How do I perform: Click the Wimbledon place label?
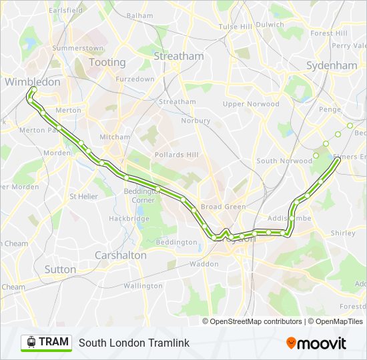click(32, 82)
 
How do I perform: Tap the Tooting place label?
click(107, 62)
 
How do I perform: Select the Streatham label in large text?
click(178, 57)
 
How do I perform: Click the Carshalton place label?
click(120, 255)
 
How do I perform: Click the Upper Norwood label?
click(251, 104)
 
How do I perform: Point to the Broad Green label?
click(223, 207)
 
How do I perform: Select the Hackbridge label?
click(129, 219)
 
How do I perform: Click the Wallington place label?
click(143, 286)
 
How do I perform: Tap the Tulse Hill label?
click(235, 27)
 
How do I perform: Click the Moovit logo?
click(316, 343)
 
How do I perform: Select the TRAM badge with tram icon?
click(46, 342)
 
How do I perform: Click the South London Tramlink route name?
click(134, 343)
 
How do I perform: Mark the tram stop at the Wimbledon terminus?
click(33, 89)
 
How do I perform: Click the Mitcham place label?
click(115, 137)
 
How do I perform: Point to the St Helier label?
click(83, 197)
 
